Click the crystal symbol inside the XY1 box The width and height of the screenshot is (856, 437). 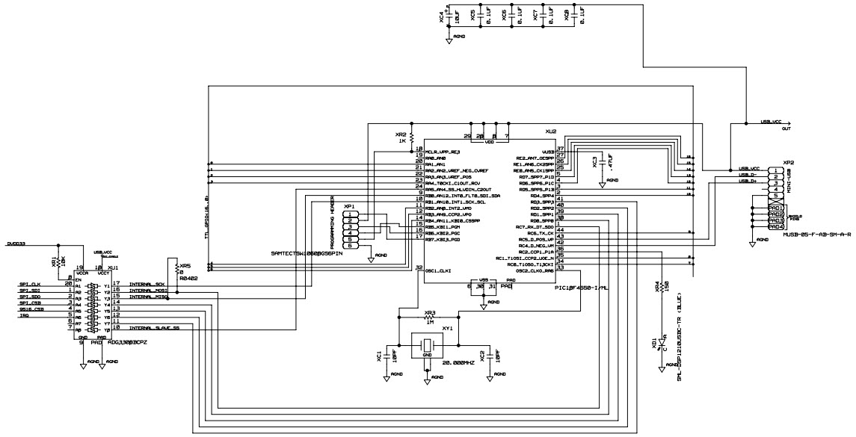pyautogui.click(x=426, y=345)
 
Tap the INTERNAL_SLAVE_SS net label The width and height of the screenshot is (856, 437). pyautogui.click(x=154, y=328)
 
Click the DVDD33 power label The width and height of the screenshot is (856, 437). pyautogui.click(x=16, y=244)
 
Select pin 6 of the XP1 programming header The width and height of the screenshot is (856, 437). pyautogui.click(x=350, y=245)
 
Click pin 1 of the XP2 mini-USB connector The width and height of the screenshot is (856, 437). pyautogui.click(x=778, y=170)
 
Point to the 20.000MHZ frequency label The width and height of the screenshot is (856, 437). pyautogui.click(x=459, y=362)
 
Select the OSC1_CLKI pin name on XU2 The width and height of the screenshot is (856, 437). pyautogui.click(x=439, y=270)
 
